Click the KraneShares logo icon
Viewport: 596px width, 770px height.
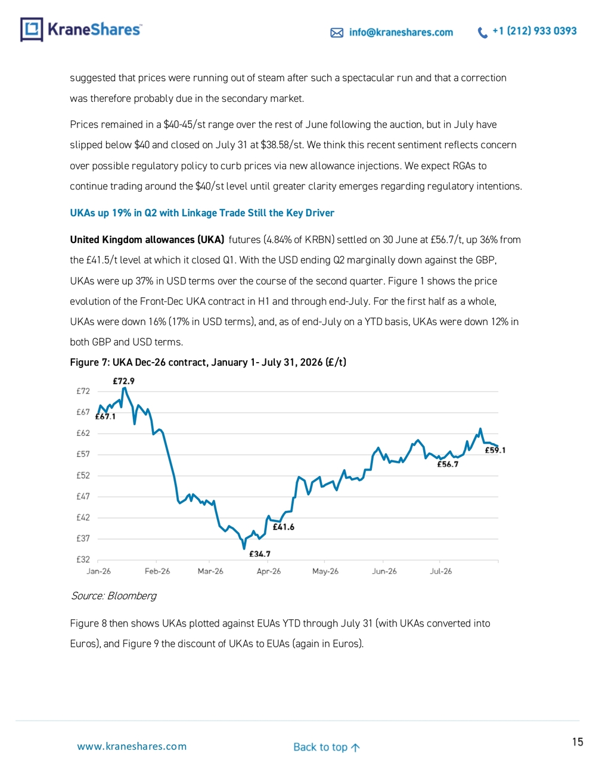click(32, 29)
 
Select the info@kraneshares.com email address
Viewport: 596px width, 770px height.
click(401, 32)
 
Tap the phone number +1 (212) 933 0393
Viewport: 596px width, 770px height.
click(534, 31)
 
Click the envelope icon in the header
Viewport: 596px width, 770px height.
click(337, 33)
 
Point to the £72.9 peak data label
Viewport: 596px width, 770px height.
click(123, 381)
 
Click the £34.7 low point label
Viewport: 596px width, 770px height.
click(259, 553)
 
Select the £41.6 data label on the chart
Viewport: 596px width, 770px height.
click(283, 527)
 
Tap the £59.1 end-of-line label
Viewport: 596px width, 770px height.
click(495, 450)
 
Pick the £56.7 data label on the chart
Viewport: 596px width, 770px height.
click(448, 464)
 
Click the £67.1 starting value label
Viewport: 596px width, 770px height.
click(105, 416)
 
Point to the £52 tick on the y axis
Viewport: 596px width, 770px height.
click(83, 475)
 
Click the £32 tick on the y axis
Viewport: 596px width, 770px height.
click(83, 559)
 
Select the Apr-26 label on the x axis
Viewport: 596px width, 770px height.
click(268, 571)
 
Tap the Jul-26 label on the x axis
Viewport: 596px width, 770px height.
click(440, 571)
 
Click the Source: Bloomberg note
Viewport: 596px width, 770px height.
click(113, 596)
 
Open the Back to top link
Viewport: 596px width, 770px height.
click(327, 747)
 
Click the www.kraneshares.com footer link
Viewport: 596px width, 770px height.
click(132, 746)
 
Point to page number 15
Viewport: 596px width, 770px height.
click(578, 741)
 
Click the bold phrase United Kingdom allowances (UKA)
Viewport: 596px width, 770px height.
click(147, 240)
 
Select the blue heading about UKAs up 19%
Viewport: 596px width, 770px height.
click(202, 213)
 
